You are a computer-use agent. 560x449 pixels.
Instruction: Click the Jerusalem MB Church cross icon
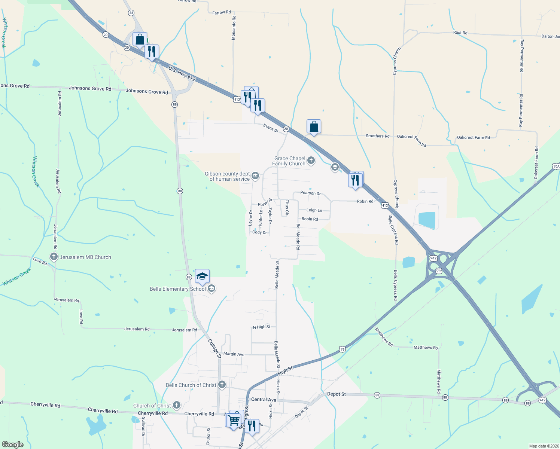54,257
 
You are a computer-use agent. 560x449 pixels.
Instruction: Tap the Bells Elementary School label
177,289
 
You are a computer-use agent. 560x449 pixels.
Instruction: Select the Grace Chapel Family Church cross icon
311,161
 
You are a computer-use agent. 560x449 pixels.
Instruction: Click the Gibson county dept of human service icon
255,176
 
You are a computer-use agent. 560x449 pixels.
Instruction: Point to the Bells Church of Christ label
191,385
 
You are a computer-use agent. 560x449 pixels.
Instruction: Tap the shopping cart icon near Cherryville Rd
234,419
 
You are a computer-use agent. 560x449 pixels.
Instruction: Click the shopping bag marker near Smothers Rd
314,127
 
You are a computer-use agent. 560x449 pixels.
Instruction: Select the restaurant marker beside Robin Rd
355,180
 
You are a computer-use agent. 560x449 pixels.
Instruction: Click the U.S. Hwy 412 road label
182,73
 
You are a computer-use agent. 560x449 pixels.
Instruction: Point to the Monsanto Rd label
234,28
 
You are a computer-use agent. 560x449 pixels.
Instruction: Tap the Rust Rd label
460,33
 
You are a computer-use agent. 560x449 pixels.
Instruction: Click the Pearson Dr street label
310,193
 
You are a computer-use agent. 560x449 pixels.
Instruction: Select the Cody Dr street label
259,232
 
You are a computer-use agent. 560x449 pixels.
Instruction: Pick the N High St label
261,327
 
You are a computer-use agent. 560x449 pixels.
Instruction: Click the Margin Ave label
234,354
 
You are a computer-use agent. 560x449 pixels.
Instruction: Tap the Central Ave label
264,400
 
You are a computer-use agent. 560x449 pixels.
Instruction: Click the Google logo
13,445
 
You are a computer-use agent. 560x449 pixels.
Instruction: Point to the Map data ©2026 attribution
543,446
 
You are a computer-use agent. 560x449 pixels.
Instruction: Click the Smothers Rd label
377,136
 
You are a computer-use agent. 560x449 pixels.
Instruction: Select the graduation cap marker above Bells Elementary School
202,277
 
